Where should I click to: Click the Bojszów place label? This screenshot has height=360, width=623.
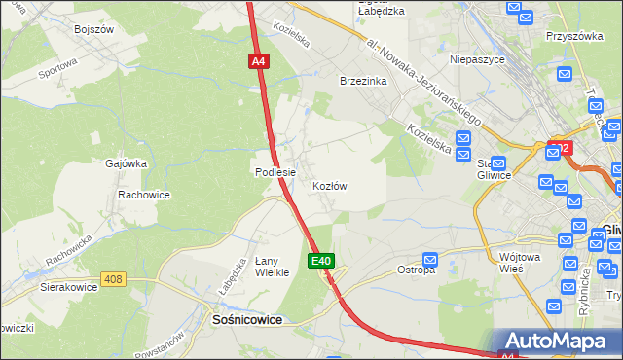pos(94,29)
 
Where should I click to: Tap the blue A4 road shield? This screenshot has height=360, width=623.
pos(258,61)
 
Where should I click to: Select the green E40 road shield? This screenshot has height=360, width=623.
pos(323,261)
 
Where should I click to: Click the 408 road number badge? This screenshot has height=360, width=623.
pos(114,279)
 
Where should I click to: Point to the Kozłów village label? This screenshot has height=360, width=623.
pos(330,185)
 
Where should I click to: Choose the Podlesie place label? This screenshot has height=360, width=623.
pos(275,172)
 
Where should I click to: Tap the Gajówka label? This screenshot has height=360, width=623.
pos(125,165)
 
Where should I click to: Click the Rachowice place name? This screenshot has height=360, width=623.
pos(144,195)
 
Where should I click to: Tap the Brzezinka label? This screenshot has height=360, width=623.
pos(363,82)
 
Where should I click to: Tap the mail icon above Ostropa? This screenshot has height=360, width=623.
pos(430,259)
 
